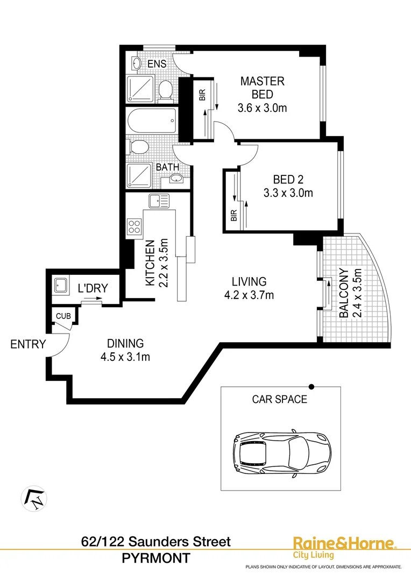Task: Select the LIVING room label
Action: click(249, 281)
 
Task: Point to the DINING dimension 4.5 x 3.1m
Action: click(125, 357)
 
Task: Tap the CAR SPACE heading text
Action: click(280, 399)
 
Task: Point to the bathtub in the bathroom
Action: click(152, 123)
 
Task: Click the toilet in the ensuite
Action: click(166, 90)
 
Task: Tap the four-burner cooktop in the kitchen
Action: click(134, 227)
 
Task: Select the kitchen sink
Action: click(159, 201)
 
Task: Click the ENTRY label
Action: click(28, 344)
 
